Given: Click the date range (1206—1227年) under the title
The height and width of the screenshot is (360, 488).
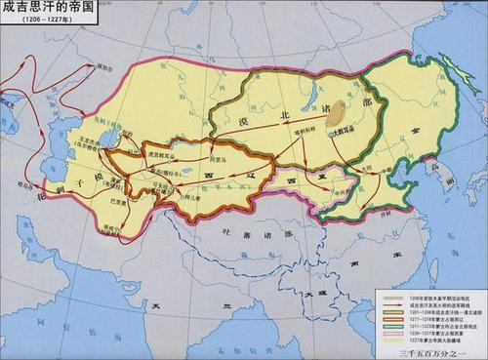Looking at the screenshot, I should pyautogui.click(x=40, y=20).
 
